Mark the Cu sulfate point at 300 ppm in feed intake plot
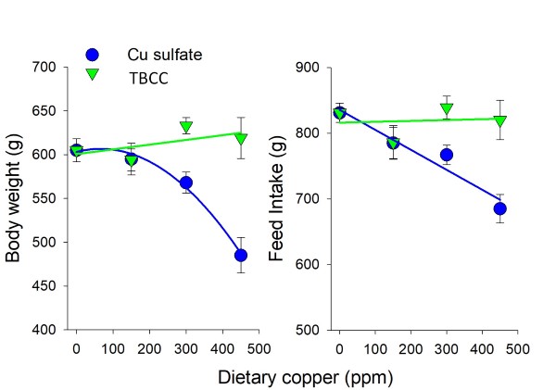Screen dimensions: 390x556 447,155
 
